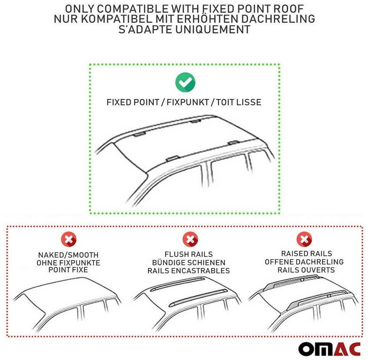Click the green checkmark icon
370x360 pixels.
point(185,82)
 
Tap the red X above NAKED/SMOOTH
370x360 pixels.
point(69,240)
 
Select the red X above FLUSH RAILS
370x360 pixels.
point(190,240)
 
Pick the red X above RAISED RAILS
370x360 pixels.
point(305,240)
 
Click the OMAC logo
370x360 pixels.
point(330,348)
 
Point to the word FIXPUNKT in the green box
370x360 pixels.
point(188,102)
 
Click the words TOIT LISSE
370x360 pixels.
point(239,102)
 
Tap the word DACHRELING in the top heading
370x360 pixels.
point(278,19)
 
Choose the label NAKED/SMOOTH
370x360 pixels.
point(68,255)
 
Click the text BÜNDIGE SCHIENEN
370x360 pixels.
point(189,263)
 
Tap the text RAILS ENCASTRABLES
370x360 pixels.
point(188,270)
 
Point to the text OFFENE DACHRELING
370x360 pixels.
point(304,262)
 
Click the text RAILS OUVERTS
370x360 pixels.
point(306,270)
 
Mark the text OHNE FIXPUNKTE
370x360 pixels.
point(68,263)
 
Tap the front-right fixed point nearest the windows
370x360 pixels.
point(172,158)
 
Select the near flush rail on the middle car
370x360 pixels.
point(198,298)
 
